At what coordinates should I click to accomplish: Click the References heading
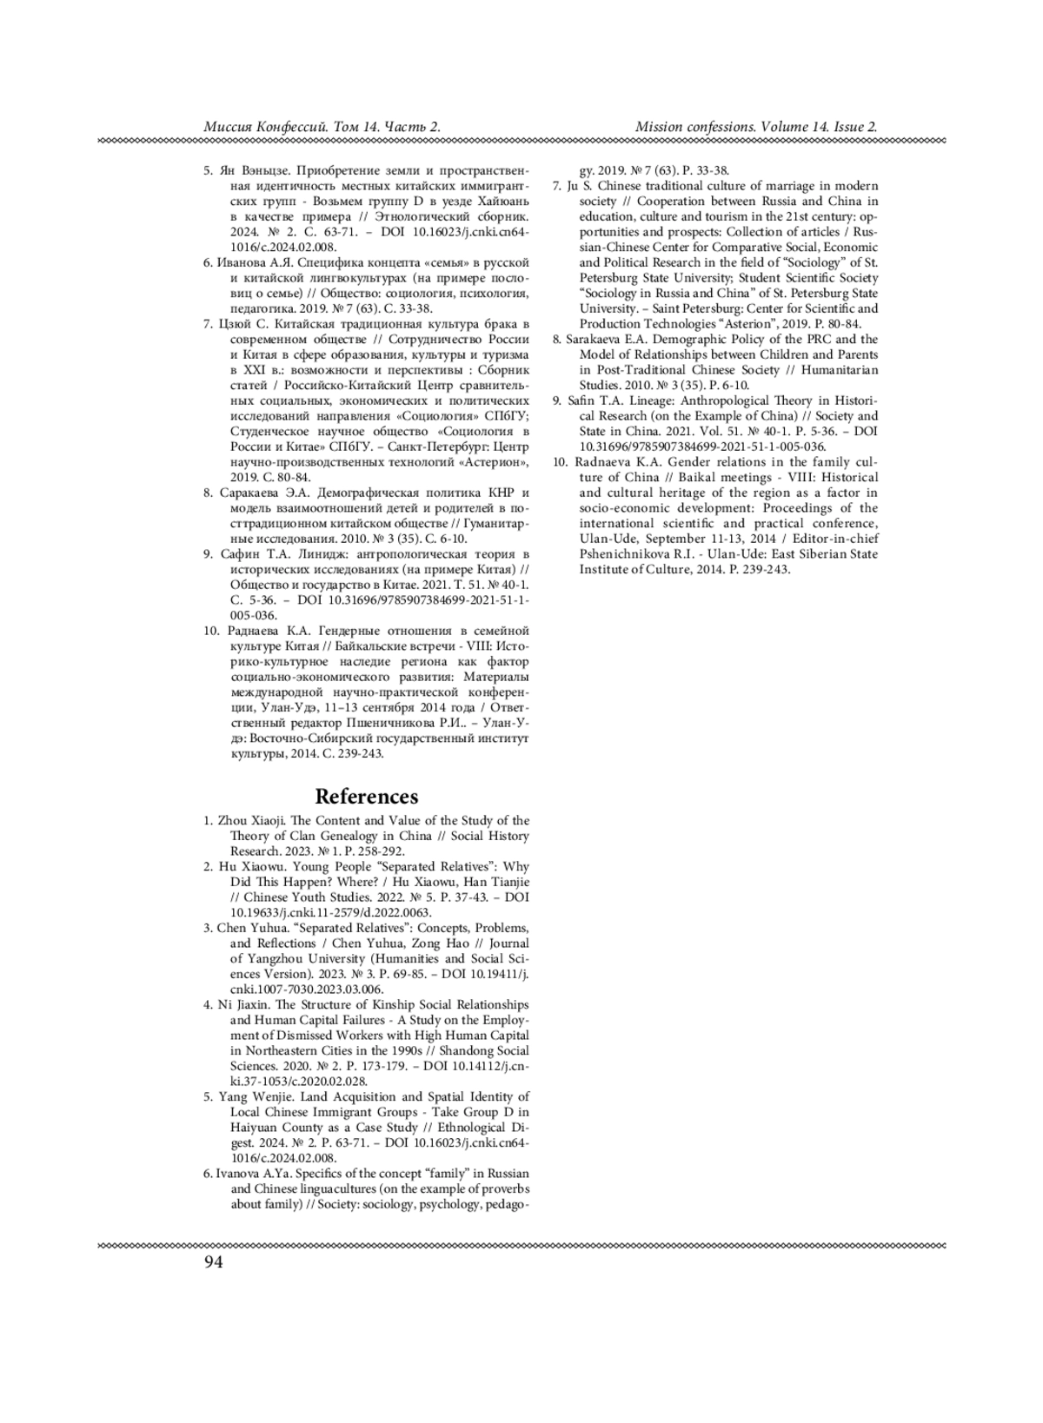366,797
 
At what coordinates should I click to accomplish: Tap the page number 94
213,1262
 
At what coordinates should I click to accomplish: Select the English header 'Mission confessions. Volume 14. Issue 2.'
756,127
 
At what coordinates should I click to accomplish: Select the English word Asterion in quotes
742,324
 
